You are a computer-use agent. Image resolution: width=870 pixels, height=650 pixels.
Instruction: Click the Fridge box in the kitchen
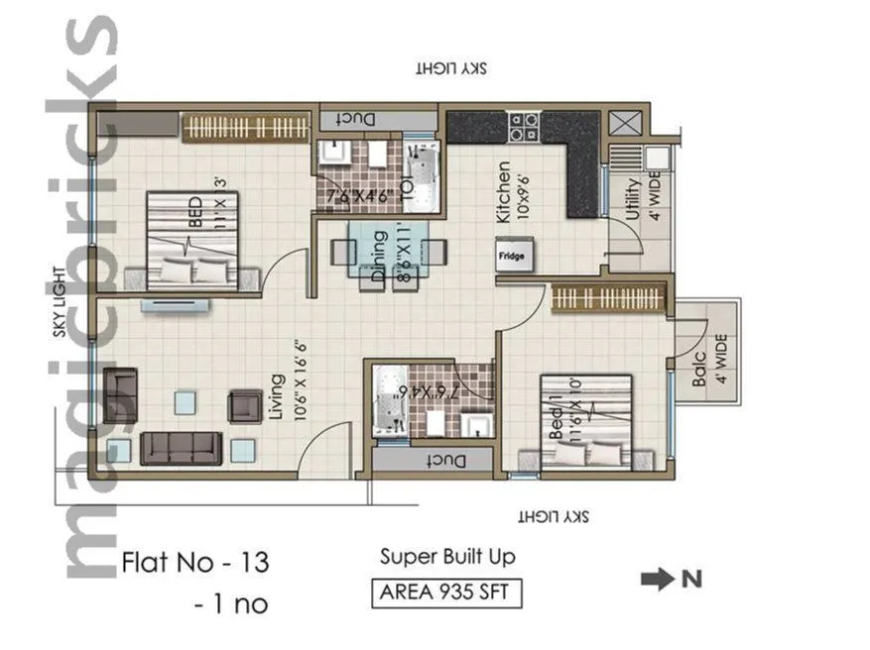(x=513, y=256)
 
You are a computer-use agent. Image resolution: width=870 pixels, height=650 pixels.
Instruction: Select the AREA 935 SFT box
(x=446, y=594)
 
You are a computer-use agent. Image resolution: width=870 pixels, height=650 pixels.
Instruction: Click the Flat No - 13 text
(x=194, y=563)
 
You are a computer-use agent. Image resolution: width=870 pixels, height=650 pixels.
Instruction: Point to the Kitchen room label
(x=503, y=191)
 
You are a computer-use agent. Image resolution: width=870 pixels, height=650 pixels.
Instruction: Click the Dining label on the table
(x=378, y=258)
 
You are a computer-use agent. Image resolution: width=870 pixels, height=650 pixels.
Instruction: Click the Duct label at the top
(x=355, y=118)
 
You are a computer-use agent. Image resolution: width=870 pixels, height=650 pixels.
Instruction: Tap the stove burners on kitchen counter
(x=523, y=125)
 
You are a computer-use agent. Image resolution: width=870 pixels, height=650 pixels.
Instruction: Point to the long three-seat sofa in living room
(x=180, y=448)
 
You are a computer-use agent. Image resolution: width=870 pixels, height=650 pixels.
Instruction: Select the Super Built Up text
(x=447, y=557)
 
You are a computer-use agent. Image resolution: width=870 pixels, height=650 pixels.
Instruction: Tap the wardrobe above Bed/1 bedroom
(x=606, y=297)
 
